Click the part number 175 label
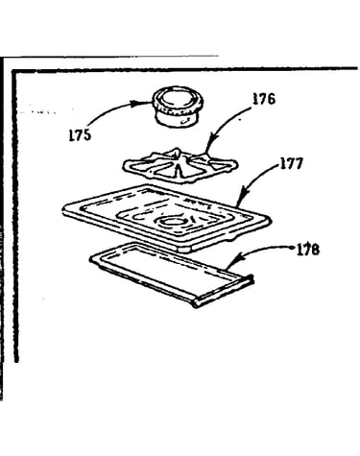pos(80,135)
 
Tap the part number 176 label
pos(264,99)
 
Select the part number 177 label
pos(292,163)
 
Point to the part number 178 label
pos(308,250)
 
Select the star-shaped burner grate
pos(180,165)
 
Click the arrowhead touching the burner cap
pos(142,103)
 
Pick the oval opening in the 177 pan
pos(173,222)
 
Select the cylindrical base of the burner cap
pos(176,118)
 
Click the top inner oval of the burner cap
pos(177,98)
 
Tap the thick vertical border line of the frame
pos(15,216)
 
